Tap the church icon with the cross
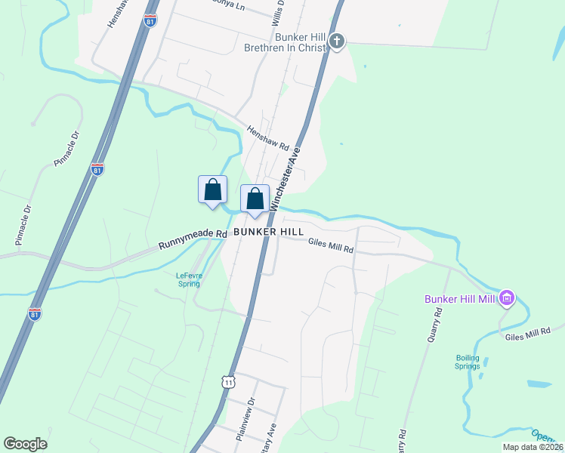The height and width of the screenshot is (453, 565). tap(338, 42)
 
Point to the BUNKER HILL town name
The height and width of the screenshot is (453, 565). tap(268, 231)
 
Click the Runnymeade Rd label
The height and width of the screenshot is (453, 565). tap(193, 240)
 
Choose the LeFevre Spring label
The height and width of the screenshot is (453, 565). tap(188, 279)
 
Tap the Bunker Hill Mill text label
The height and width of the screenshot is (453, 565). tap(458, 300)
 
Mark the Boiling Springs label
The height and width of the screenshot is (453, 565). tap(468, 362)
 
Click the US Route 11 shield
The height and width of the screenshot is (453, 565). tap(228, 382)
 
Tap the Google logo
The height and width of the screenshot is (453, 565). tap(26, 443)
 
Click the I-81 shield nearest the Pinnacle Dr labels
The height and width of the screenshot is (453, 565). tap(97, 168)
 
